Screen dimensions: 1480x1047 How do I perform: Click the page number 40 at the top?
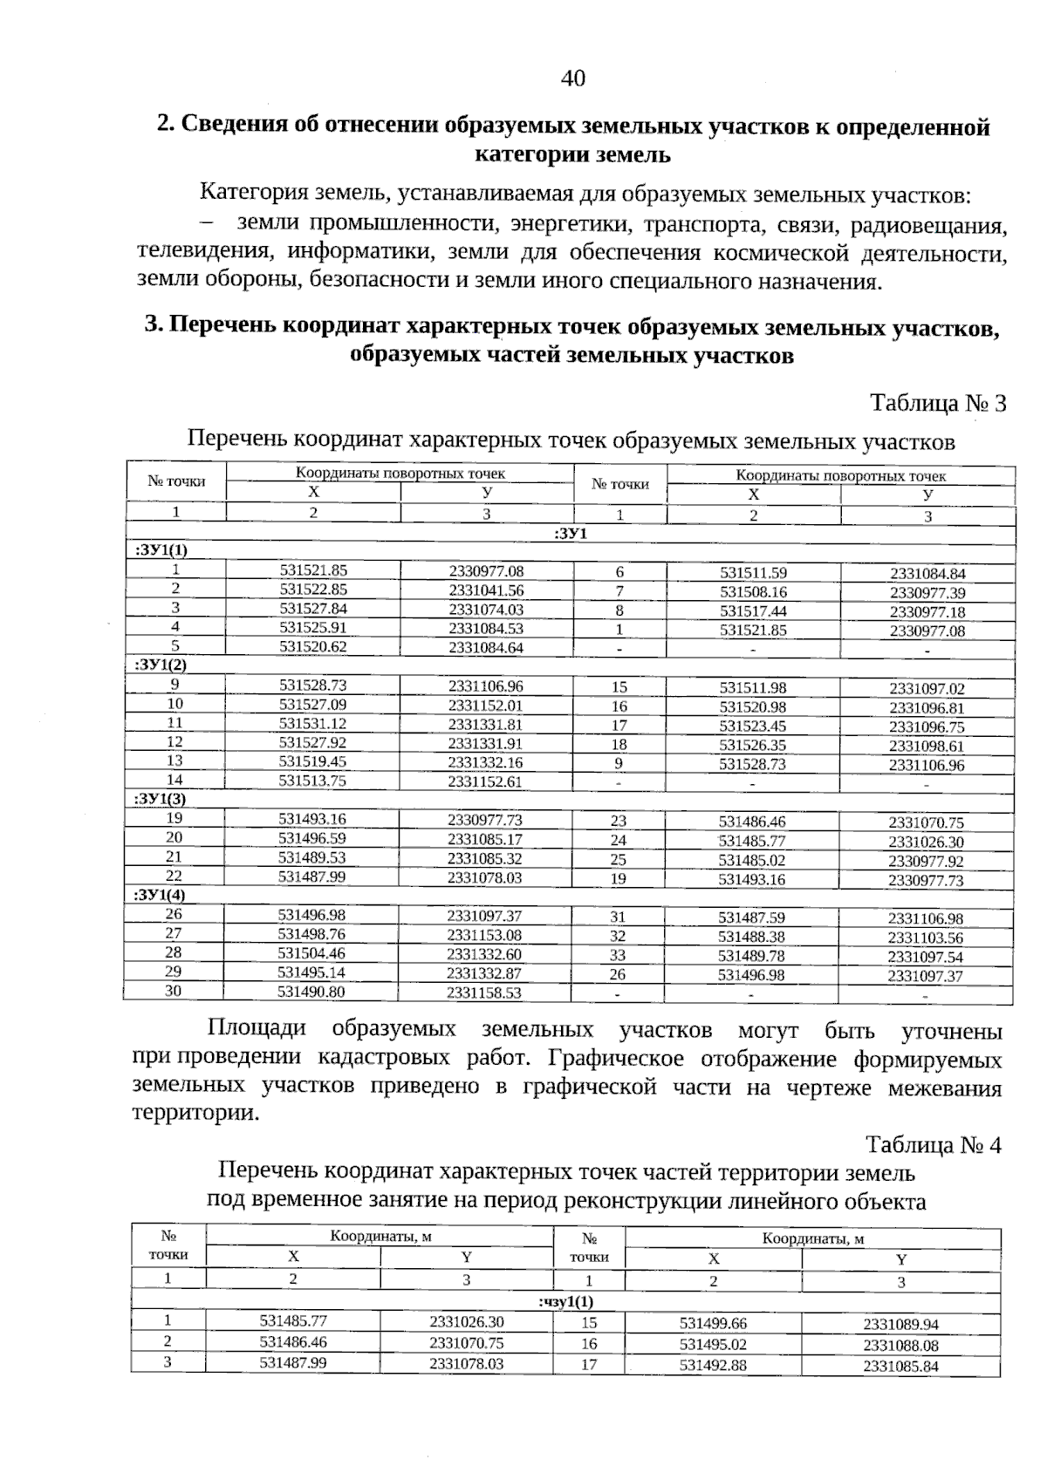pyautogui.click(x=573, y=78)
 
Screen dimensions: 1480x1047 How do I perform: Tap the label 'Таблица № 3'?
pyautogui.click(x=938, y=404)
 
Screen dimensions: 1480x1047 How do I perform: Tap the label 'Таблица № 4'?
pyautogui.click(x=933, y=1145)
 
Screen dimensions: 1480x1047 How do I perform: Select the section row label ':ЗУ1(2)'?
pyautogui.click(x=161, y=665)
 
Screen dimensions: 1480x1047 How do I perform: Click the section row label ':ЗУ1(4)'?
pyautogui.click(x=161, y=895)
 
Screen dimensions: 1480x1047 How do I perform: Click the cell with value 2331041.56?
pyautogui.click(x=486, y=590)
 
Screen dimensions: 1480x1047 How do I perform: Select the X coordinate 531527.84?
pyautogui.click(x=313, y=609)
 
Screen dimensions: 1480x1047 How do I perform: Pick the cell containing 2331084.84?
pyautogui.click(x=927, y=574)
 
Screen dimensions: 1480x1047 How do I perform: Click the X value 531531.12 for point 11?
pyautogui.click(x=312, y=724)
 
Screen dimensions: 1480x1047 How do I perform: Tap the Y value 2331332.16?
pyautogui.click(x=485, y=762)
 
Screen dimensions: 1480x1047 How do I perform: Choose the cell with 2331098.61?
pyautogui.click(x=927, y=746)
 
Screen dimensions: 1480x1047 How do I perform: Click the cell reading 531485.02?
pyautogui.click(x=752, y=861)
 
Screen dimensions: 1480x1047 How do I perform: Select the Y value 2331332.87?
pyautogui.click(x=484, y=973)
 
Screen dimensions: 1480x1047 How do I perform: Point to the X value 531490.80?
pyautogui.click(x=311, y=992)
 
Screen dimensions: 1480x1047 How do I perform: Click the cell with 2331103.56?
pyautogui.click(x=925, y=938)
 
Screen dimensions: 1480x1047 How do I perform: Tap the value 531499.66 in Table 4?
pyautogui.click(x=713, y=1323)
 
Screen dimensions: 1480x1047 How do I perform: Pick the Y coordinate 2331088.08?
pyautogui.click(x=900, y=1346)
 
